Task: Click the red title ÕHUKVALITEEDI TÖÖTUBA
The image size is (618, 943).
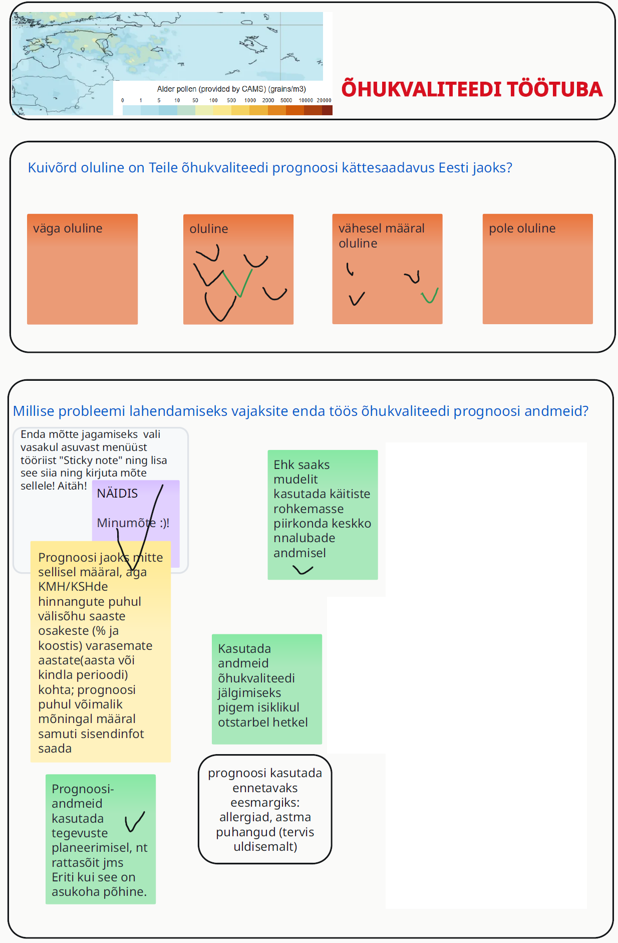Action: point(472,89)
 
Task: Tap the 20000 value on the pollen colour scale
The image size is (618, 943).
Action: point(324,100)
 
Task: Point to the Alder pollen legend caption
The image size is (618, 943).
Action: point(231,89)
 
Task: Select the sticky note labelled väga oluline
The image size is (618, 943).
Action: point(82,269)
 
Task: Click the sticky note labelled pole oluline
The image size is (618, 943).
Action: point(538,269)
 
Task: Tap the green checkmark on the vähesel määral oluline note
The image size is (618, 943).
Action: point(430,296)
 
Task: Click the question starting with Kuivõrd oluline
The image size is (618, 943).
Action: point(270,167)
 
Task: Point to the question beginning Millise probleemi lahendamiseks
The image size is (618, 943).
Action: point(300,411)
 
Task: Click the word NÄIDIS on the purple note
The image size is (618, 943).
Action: point(117,493)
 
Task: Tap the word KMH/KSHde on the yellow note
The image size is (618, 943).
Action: point(73,586)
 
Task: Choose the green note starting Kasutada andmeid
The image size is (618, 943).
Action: point(267,689)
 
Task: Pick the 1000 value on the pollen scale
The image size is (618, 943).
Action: point(250,100)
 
